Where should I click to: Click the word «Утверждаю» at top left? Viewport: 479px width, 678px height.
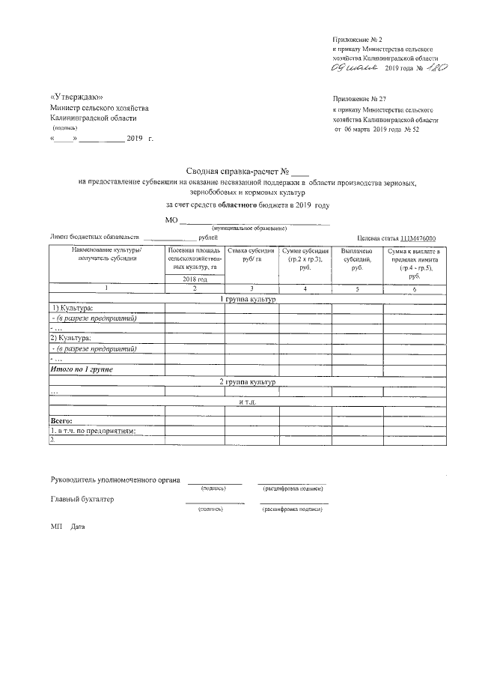76,97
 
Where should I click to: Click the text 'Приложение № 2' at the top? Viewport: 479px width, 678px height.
358,38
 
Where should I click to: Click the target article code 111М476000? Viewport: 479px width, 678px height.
418,237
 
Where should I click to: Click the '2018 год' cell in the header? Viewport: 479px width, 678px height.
194,279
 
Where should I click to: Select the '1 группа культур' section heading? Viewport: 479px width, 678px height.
247,299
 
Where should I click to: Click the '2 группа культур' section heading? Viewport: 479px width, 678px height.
247,382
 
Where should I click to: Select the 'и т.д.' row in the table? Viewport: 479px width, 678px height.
247,402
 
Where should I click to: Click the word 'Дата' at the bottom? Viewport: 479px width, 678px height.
78,527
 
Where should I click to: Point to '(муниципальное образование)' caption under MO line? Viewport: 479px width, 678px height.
249,228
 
